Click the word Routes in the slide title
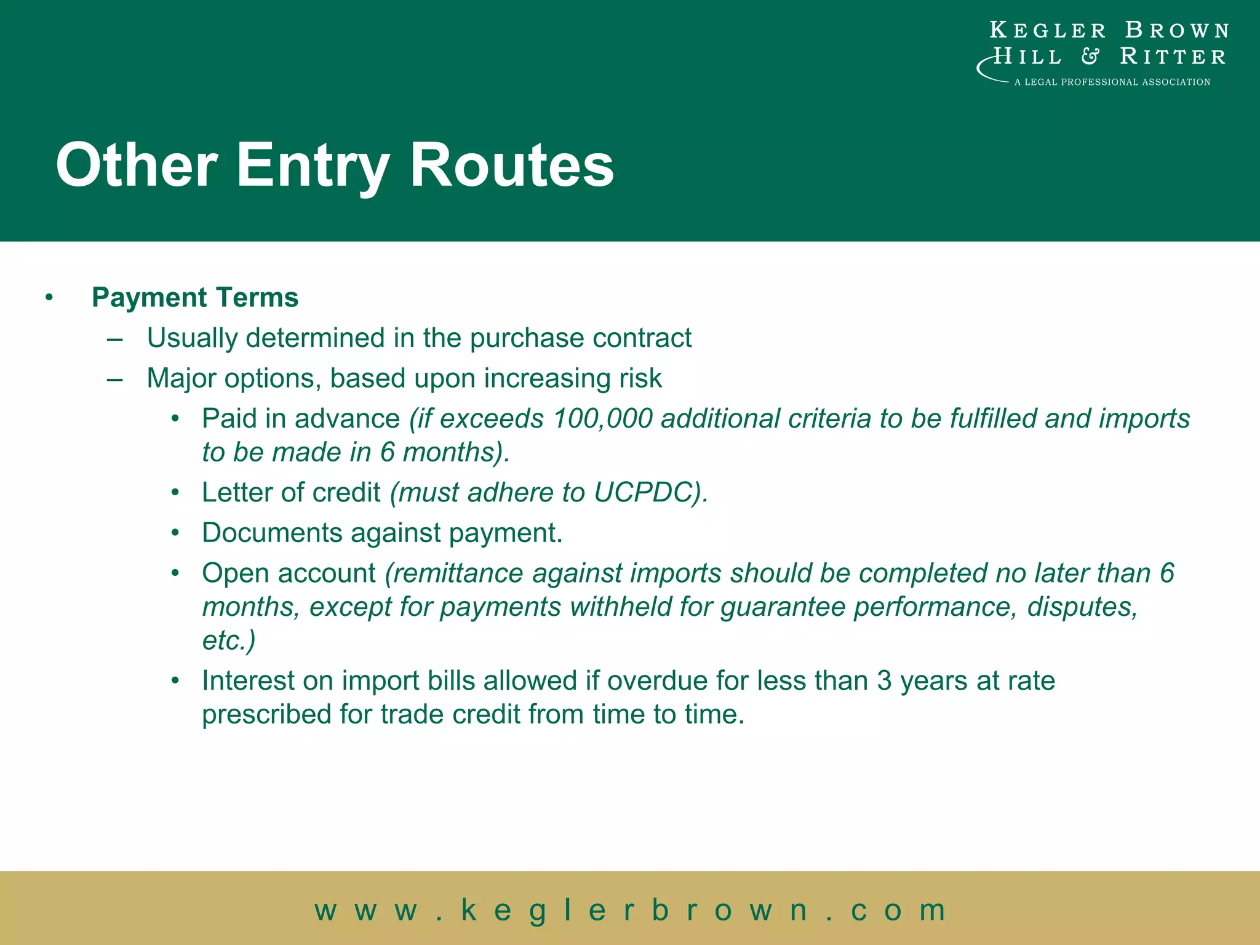(x=511, y=165)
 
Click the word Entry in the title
(x=313, y=165)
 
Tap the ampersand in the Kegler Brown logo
(x=1090, y=57)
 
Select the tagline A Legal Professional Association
(x=1112, y=82)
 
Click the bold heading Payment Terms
(x=195, y=298)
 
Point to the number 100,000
(x=602, y=419)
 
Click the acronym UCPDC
(x=644, y=493)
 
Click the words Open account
(x=289, y=573)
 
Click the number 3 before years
(x=884, y=681)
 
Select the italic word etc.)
(x=228, y=640)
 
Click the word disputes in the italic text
(x=1082, y=607)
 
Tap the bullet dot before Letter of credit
(x=175, y=493)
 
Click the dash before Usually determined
(x=114, y=338)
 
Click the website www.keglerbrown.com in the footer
(x=630, y=909)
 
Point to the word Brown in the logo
(x=1176, y=30)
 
